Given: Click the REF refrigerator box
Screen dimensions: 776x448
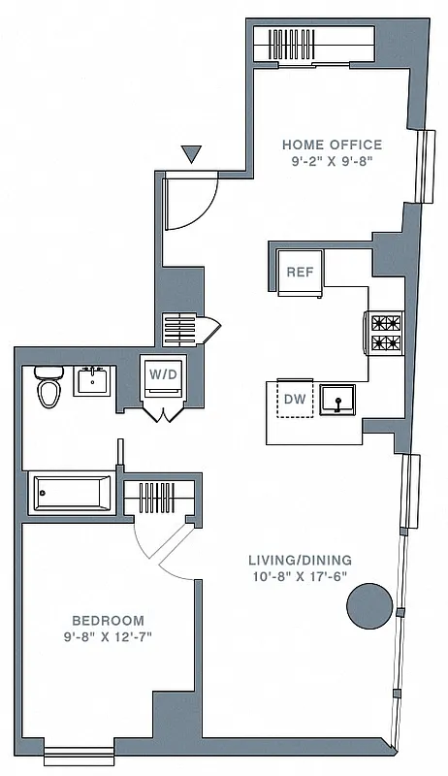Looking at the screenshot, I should [300, 271].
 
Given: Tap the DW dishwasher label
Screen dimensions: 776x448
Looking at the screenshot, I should [294, 397].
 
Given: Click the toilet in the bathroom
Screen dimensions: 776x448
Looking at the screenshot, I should [48, 389].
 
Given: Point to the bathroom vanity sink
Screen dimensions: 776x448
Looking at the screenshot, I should [94, 381].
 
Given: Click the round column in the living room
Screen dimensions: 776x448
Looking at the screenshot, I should [368, 605].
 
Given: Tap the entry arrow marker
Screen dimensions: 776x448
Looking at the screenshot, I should [191, 153].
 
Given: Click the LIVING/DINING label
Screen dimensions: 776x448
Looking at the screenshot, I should [300, 560].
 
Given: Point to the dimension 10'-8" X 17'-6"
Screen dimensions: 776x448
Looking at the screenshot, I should [300, 576].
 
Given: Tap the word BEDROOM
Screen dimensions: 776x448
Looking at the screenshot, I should [108, 620].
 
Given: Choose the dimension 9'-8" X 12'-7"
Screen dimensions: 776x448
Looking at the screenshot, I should [108, 636].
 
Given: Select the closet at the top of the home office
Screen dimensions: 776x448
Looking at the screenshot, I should [313, 45].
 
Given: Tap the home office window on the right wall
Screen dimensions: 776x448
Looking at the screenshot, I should [425, 165].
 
